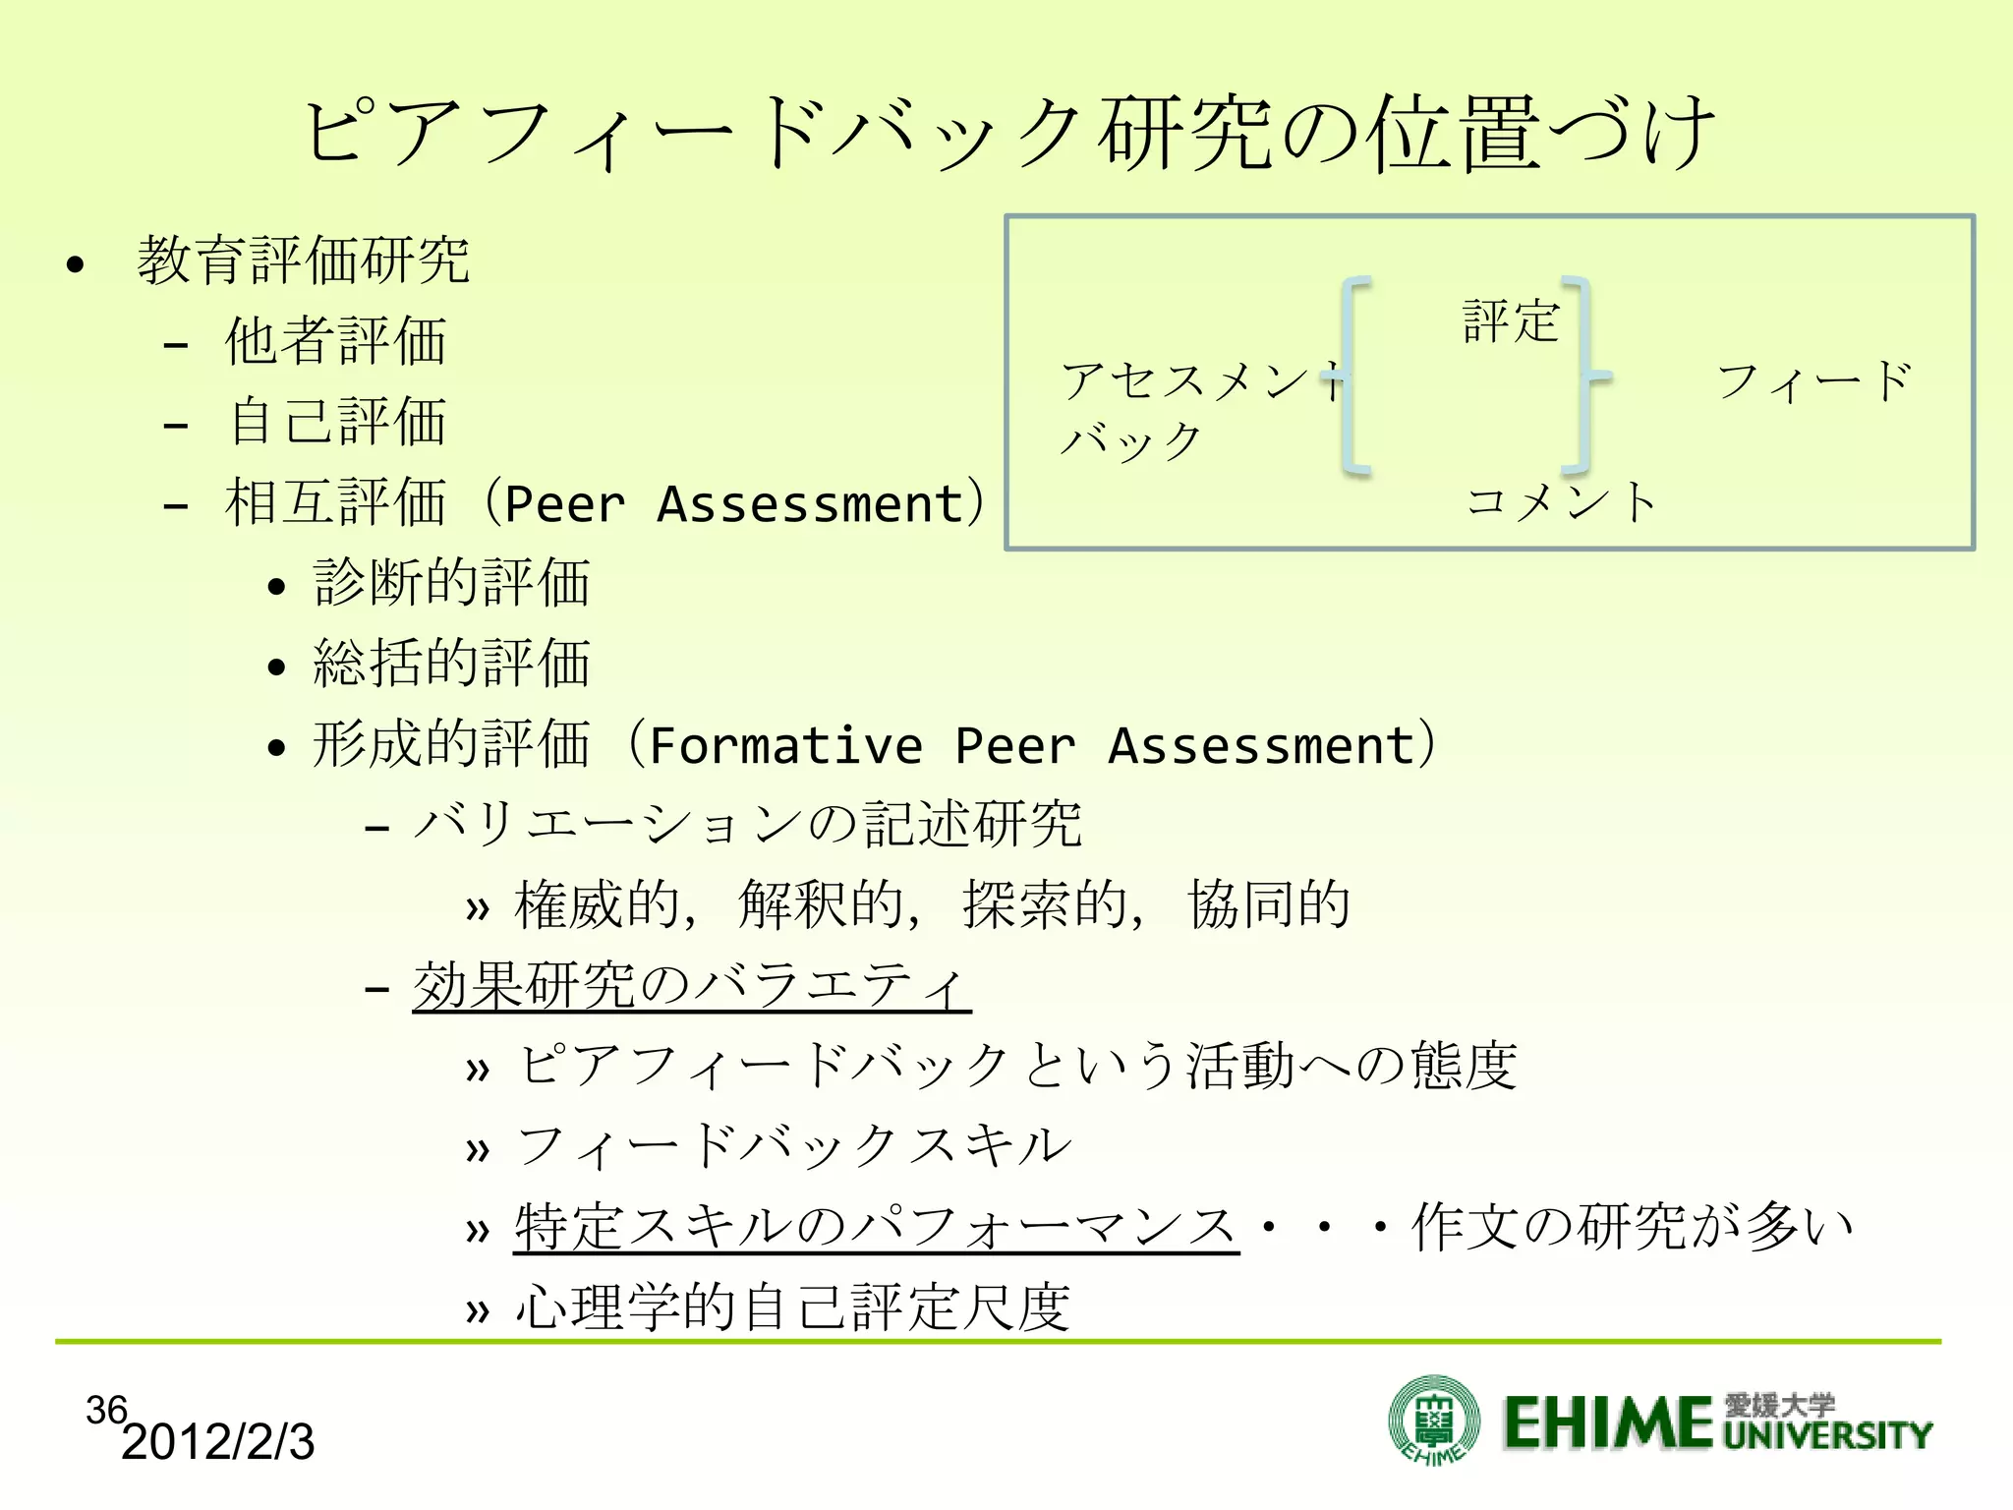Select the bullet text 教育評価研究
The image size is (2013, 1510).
pyautogui.click(x=304, y=261)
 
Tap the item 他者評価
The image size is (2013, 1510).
pyautogui.click(x=335, y=341)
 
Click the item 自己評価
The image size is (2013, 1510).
pyautogui.click(x=337, y=422)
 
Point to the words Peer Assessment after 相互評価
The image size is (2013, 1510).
pyautogui.click(x=733, y=505)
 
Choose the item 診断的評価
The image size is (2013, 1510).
pyautogui.click(x=451, y=582)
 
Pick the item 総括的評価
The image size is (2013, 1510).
pyautogui.click(x=451, y=663)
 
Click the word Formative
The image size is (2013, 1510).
pyautogui.click(x=785, y=745)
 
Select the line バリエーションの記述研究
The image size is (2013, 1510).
pyautogui.click(x=748, y=824)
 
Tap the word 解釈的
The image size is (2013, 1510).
pyautogui.click(x=821, y=905)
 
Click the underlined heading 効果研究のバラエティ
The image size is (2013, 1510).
pyautogui.click(x=691, y=986)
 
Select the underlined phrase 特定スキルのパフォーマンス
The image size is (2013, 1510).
pyautogui.click(x=875, y=1228)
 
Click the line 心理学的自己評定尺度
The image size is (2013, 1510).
pyautogui.click(x=792, y=1308)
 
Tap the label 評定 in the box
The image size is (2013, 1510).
pyautogui.click(x=1511, y=321)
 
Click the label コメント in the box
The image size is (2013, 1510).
pyautogui.click(x=1561, y=501)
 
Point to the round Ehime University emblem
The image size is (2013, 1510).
pyautogui.click(x=1434, y=1420)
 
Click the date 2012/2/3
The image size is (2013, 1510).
pyautogui.click(x=217, y=1442)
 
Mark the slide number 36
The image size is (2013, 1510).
pyautogui.click(x=106, y=1410)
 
